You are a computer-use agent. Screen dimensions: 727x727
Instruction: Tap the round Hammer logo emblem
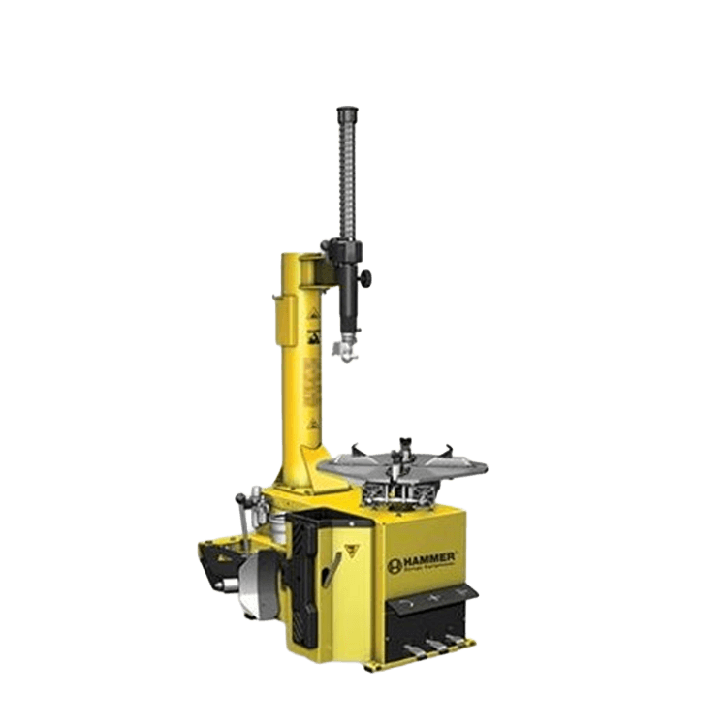[x=395, y=565]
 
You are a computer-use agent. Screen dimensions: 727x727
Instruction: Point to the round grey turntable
[x=406, y=464]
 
